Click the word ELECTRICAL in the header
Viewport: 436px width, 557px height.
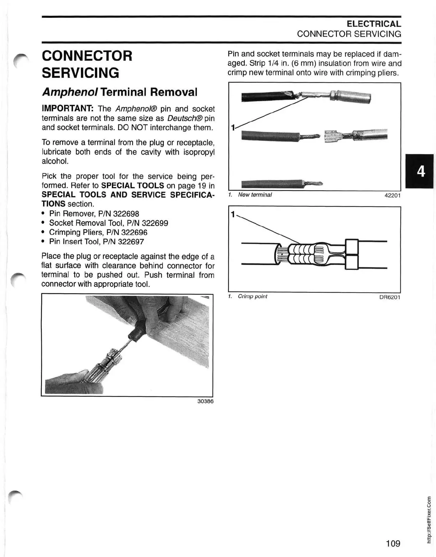(374, 24)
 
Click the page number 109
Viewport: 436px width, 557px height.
(393, 543)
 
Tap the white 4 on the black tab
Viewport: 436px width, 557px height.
(421, 172)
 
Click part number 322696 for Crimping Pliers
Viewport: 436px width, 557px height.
(134, 232)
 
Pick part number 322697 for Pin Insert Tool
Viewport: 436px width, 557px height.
(131, 242)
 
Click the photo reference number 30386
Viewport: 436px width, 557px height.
(205, 401)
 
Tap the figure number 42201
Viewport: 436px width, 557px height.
(393, 195)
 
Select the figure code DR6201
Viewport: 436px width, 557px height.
(390, 297)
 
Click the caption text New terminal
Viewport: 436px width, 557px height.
(255, 195)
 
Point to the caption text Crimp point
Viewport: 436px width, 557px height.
(253, 296)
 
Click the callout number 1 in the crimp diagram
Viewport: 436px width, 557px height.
(233, 215)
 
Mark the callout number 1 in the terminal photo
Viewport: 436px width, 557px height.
(233, 127)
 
